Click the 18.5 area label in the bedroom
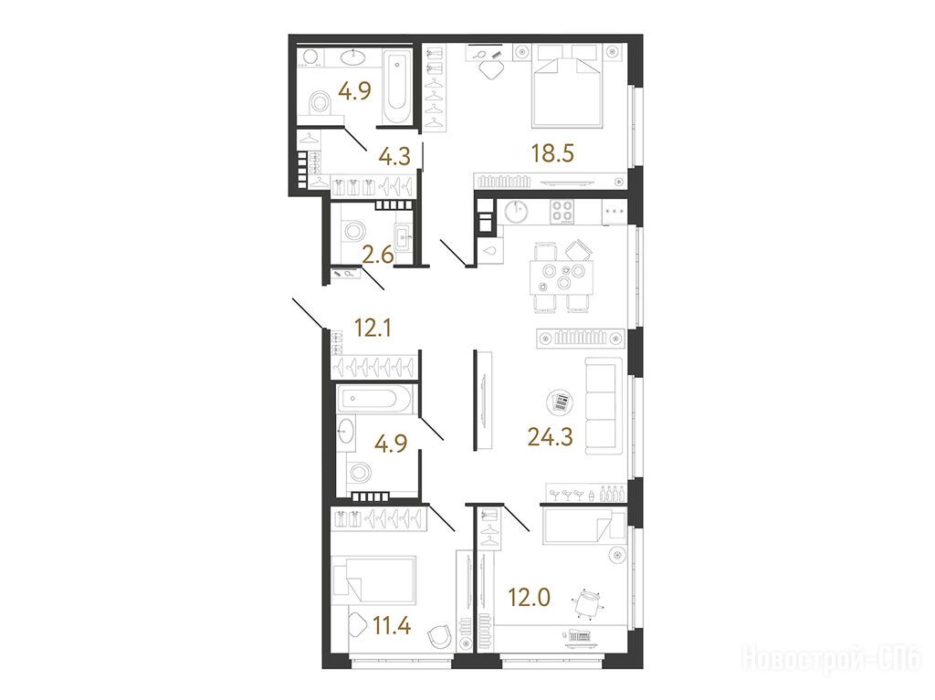point(552,153)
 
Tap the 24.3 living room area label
point(550,437)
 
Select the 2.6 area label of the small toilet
point(378,256)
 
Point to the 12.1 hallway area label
point(373,328)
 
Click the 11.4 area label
point(392,626)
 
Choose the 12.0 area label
point(530,597)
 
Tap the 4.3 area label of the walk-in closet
point(394,156)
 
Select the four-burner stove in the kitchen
point(562,211)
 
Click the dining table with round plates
point(562,277)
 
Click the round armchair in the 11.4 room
point(441,635)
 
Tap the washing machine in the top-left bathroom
point(310,57)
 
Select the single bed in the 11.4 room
point(374,580)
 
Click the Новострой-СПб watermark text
point(831,659)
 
